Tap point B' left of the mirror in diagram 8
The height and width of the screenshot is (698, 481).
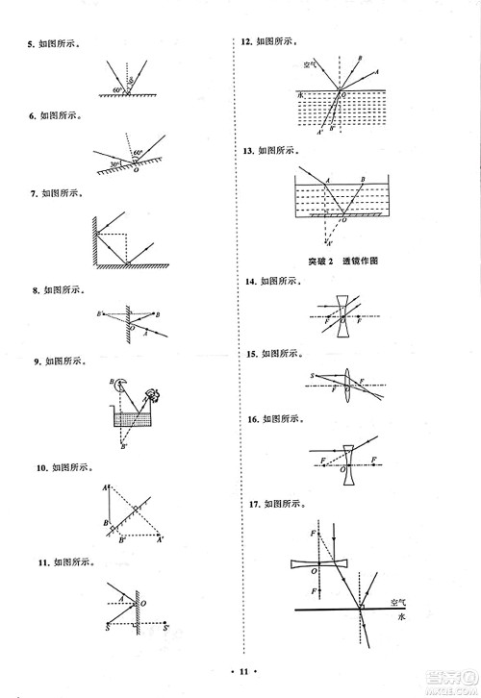tap(99, 314)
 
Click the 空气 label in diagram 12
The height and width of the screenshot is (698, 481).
tap(299, 66)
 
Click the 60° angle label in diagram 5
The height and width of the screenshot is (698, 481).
tap(118, 89)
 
